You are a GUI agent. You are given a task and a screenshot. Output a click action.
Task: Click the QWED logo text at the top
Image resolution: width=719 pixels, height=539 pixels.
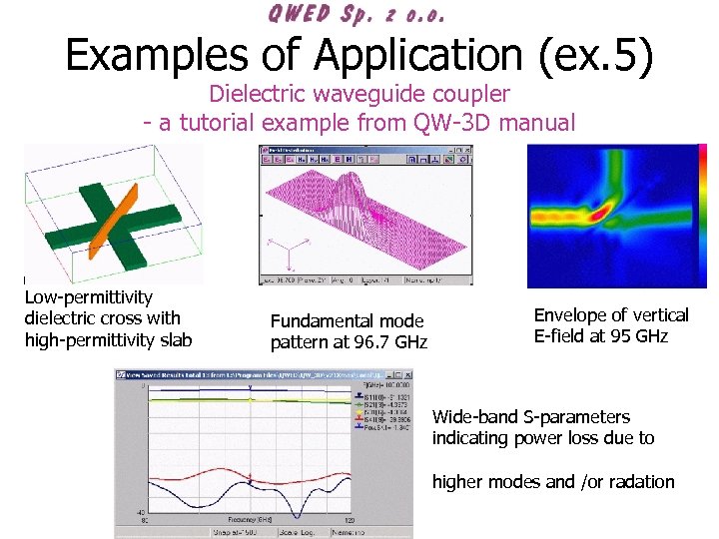(356, 14)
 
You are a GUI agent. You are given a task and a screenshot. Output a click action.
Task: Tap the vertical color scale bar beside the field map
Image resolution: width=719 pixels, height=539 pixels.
(703, 215)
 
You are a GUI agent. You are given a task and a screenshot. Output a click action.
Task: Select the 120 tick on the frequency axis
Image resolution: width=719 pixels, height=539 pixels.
(346, 522)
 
